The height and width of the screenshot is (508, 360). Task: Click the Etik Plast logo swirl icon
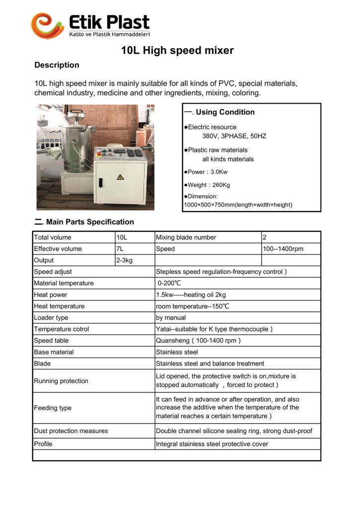(x=48, y=25)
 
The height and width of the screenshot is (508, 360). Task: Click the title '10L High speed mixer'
(x=177, y=50)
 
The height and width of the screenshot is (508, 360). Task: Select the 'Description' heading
(x=57, y=65)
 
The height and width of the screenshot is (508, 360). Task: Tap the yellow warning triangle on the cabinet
(x=120, y=177)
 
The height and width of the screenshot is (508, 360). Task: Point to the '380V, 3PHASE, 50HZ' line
(x=234, y=136)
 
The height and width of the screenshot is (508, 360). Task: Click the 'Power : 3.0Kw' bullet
(x=207, y=172)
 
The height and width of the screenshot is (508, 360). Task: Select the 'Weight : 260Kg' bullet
(x=208, y=185)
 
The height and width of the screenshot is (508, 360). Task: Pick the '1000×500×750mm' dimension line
(x=238, y=204)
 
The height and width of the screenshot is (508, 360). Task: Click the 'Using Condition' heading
(x=225, y=112)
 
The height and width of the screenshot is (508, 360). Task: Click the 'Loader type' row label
(x=51, y=317)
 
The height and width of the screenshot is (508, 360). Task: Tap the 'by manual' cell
(x=171, y=317)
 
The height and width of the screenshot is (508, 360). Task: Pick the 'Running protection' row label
(x=61, y=381)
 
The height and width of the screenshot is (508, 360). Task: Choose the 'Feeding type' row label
(x=53, y=408)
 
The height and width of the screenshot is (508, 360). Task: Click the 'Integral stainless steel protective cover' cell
(x=212, y=444)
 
